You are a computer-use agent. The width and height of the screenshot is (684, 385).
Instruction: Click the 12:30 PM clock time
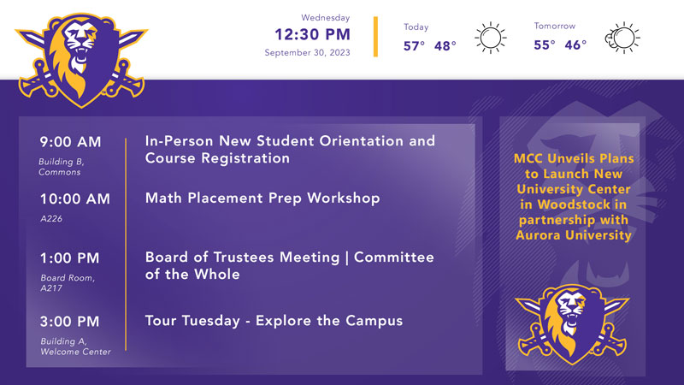312,34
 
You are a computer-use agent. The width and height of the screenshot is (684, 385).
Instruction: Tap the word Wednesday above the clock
326,18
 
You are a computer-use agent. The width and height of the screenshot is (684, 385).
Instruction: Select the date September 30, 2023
307,53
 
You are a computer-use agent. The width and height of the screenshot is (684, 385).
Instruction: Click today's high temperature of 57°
414,46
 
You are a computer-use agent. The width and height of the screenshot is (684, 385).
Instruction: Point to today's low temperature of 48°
445,46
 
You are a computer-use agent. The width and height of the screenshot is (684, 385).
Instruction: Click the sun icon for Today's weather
491,38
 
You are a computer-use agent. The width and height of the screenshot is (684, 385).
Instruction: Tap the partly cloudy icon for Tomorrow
622,38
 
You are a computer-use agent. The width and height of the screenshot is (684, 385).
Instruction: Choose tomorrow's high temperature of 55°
545,45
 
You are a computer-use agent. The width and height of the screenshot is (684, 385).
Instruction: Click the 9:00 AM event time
70,142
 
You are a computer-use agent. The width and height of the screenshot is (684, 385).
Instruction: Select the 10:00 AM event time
75,199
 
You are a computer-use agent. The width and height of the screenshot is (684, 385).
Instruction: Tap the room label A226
51,219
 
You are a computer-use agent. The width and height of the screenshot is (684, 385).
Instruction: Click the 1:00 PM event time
70,258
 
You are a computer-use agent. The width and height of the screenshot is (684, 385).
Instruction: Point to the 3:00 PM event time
70,322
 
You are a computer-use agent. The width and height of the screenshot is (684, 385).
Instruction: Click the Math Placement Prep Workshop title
262,198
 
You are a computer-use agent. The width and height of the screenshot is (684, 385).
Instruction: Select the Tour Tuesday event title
274,321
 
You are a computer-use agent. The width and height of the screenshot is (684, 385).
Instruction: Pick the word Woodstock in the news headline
574,204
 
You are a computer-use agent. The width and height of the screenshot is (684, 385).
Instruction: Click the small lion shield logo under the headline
572,324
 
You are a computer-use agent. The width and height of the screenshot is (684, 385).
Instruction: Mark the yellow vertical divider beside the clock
375,37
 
